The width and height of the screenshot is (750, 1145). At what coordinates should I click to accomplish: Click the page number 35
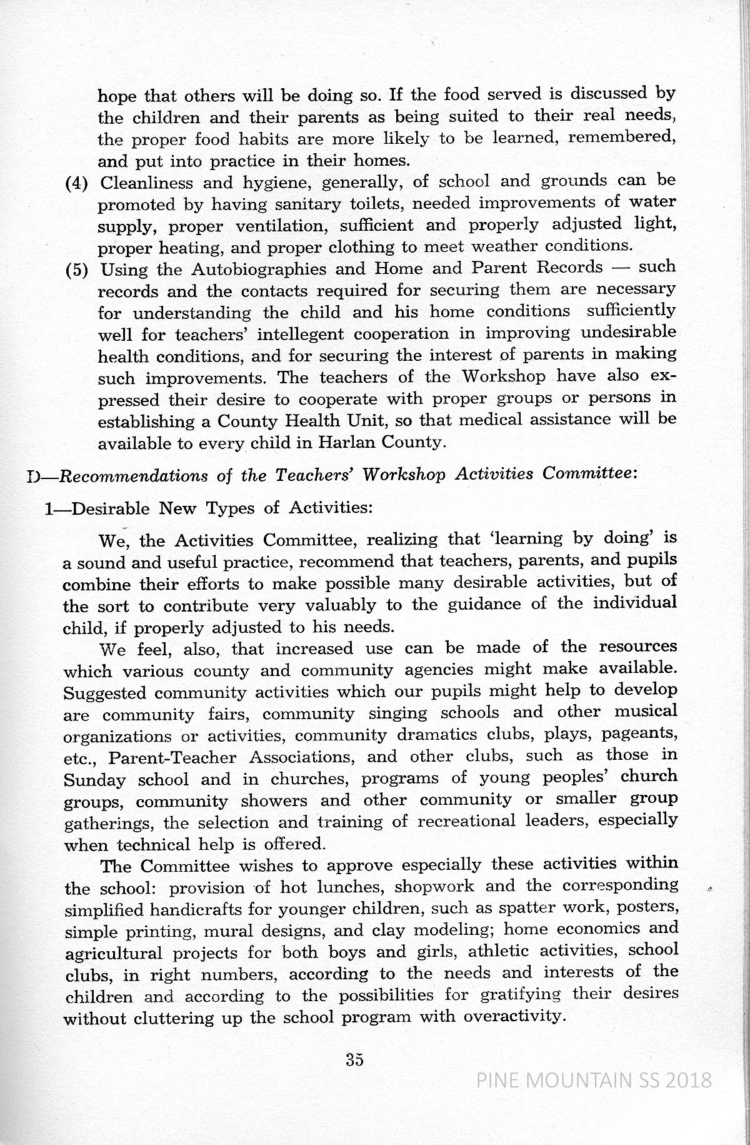354,1059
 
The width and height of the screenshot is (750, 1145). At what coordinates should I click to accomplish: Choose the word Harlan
344,442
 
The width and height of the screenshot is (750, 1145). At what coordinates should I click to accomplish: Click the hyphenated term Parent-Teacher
172,758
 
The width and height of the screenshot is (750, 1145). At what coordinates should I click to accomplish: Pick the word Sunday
94,780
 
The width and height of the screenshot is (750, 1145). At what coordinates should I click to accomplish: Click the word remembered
622,138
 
